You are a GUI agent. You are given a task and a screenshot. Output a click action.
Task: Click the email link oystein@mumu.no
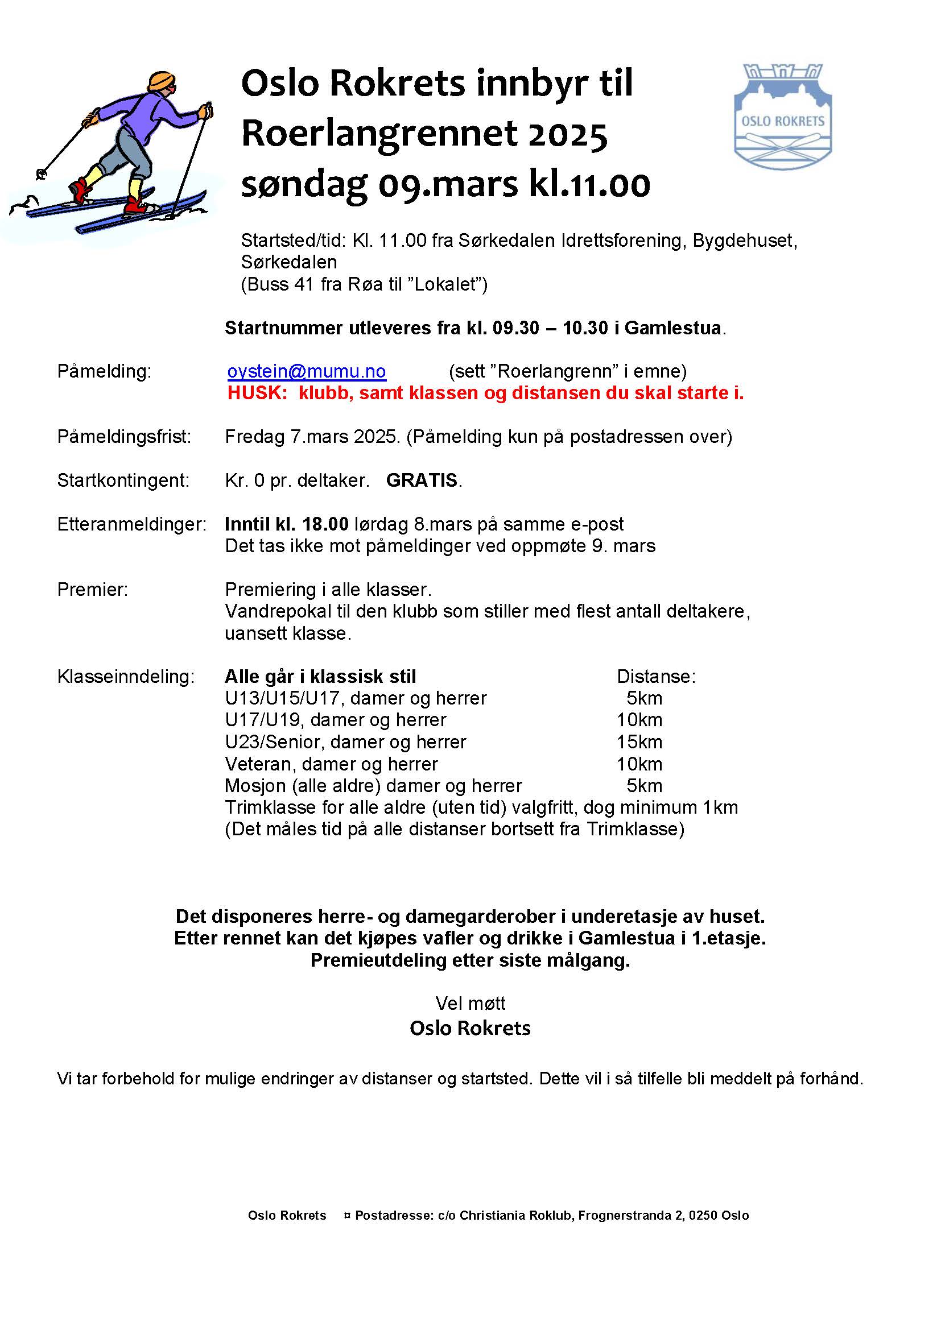point(307,371)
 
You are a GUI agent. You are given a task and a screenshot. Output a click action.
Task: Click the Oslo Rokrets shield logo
point(782,117)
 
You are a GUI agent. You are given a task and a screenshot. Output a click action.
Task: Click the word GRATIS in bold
point(422,480)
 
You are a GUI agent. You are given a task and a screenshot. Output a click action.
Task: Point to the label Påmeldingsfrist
point(124,436)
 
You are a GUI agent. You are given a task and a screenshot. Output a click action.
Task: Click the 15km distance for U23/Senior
point(639,742)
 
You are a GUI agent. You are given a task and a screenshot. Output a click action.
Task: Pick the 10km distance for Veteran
point(639,764)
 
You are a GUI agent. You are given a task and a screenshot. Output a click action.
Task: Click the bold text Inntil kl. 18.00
point(287,524)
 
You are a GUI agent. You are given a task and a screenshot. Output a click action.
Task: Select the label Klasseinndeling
point(126,677)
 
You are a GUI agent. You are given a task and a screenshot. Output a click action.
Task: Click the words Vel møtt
point(470,1002)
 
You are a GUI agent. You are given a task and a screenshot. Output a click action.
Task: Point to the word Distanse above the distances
point(656,677)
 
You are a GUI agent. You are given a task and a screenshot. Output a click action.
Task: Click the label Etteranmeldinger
point(131,524)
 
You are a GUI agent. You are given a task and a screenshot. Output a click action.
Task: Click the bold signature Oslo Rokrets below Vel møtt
point(470,1028)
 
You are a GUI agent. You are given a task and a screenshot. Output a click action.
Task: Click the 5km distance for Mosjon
point(645,786)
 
